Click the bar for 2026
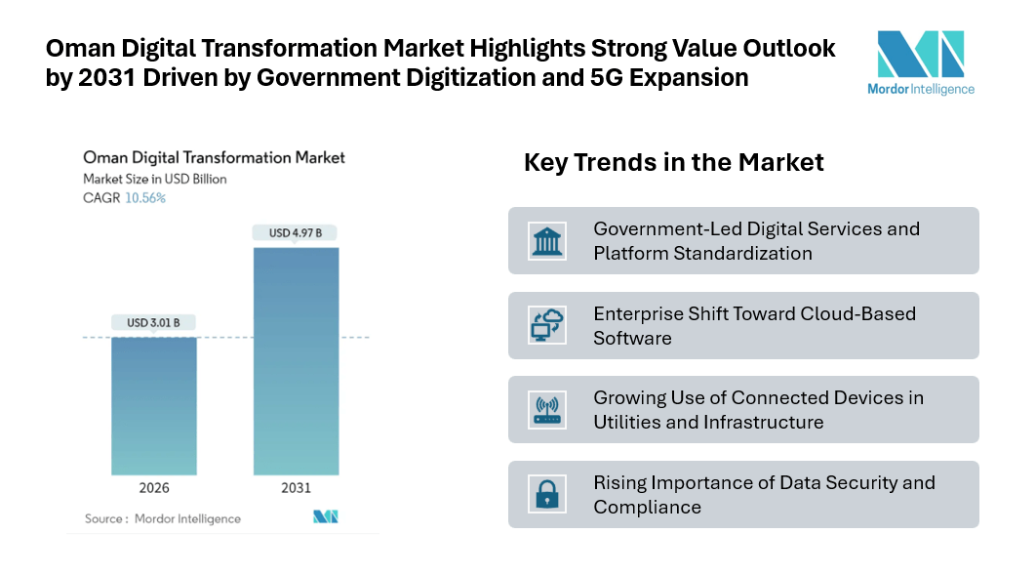click(154, 405)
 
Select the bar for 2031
click(297, 361)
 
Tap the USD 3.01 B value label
click(153, 322)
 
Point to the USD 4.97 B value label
click(297, 232)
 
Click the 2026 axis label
click(154, 488)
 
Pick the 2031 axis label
click(297, 488)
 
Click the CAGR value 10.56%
click(145, 197)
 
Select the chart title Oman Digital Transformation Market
click(214, 157)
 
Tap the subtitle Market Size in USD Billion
click(155, 179)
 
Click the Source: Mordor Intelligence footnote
click(162, 518)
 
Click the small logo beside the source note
click(325, 517)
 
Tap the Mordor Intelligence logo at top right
click(921, 62)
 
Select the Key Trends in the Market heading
click(674, 162)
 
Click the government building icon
click(547, 240)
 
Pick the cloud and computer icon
click(547, 325)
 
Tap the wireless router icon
click(547, 410)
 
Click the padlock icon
click(547, 494)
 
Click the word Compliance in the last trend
click(647, 507)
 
